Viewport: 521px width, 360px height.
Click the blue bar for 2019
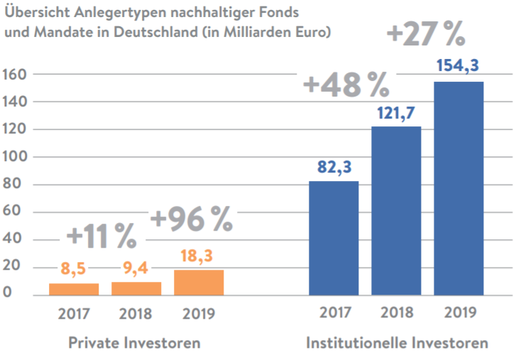pyautogui.click(x=459, y=188)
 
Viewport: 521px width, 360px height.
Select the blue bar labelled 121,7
pyautogui.click(x=396, y=211)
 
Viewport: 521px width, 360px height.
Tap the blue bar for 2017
pyautogui.click(x=334, y=238)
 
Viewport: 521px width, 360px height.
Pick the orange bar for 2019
pyautogui.click(x=199, y=282)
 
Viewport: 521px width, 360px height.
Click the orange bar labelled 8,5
pyautogui.click(x=74, y=289)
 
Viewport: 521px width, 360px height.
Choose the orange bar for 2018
pyautogui.click(x=136, y=288)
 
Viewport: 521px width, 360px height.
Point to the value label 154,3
pyautogui.click(x=459, y=66)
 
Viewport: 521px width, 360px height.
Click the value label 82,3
pyautogui.click(x=334, y=168)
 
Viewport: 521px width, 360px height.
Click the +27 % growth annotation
pyautogui.click(x=425, y=33)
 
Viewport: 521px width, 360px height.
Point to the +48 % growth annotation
pyautogui.click(x=346, y=85)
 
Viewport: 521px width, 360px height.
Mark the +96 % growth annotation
pyautogui.click(x=191, y=220)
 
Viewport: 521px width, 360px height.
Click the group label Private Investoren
pyautogui.click(x=134, y=343)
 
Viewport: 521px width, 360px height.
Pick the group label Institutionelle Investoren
pyautogui.click(x=397, y=343)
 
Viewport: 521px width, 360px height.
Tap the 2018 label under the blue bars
pyautogui.click(x=396, y=312)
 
